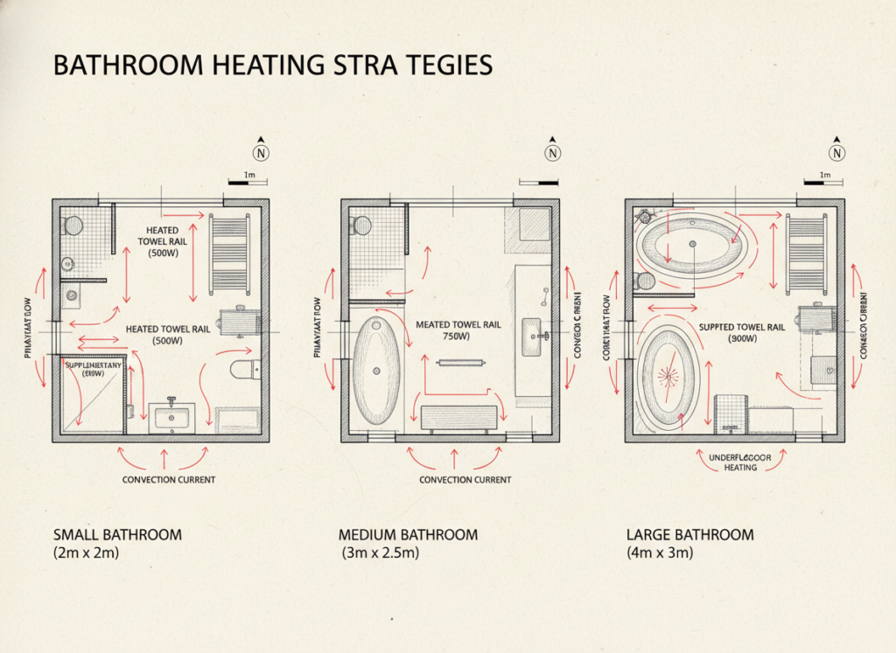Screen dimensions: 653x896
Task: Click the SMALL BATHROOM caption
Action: coord(117,534)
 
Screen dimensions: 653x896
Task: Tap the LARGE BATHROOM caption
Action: coord(689,534)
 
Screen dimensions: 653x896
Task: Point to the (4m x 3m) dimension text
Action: coord(660,553)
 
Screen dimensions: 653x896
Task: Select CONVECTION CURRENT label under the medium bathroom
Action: coord(465,480)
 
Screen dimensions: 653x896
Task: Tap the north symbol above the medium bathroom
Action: coord(552,153)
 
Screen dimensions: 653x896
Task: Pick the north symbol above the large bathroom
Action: coord(837,153)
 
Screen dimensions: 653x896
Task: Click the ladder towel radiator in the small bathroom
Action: coord(229,254)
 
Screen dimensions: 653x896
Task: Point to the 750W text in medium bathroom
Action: coord(451,336)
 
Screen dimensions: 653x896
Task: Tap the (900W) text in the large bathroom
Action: coord(742,339)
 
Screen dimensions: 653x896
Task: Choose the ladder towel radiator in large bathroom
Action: coord(806,254)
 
